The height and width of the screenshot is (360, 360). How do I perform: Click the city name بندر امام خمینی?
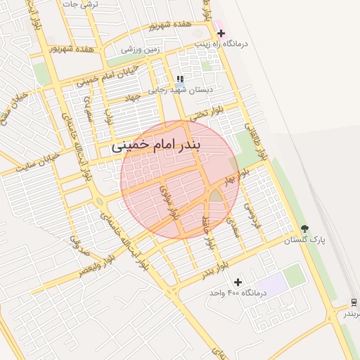pyautogui.click(x=157, y=147)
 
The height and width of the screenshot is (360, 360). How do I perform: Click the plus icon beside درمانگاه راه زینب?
pyautogui.click(x=221, y=32)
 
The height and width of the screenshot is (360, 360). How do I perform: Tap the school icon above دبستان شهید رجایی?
pyautogui.click(x=180, y=79)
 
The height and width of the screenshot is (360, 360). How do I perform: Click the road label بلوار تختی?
pyautogui.click(x=211, y=113)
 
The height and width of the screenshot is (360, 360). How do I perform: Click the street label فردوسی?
pyautogui.click(x=250, y=208)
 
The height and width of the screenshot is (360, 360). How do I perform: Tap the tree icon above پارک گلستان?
pyautogui.click(x=304, y=229)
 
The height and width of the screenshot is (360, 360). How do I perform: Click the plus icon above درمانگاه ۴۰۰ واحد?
pyautogui.click(x=238, y=282)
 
